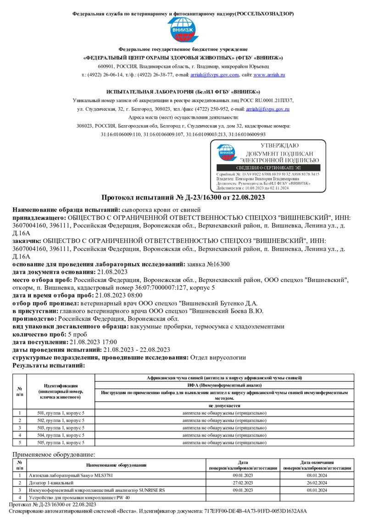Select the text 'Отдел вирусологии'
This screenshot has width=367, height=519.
pyautogui.click(x=218, y=357)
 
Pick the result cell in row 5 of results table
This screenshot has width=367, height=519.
pyautogui.click(x=224, y=442)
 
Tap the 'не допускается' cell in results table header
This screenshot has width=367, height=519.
pyautogui.click(x=224, y=406)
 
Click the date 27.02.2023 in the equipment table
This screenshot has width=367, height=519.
pyautogui.click(x=243, y=483)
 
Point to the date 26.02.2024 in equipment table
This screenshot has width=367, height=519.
pyautogui.click(x=317, y=483)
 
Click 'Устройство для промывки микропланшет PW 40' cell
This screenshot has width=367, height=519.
pyautogui.click(x=79, y=497)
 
